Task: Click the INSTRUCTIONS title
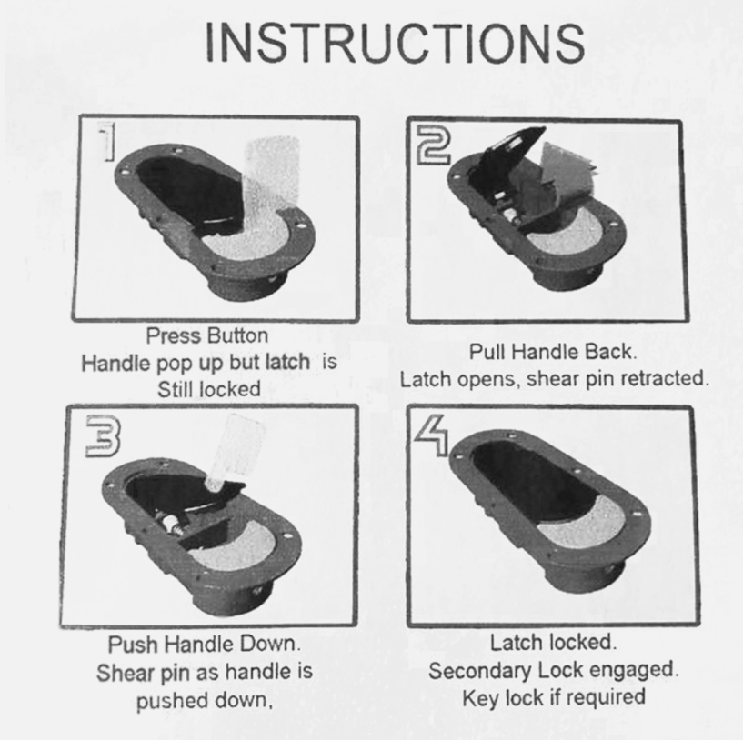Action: tap(395, 43)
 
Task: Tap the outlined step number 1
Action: tap(107, 141)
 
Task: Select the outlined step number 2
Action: tap(434, 147)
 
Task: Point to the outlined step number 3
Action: tap(103, 436)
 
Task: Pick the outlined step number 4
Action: tap(432, 435)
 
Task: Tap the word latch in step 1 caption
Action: tap(287, 363)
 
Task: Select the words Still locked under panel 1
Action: tap(209, 389)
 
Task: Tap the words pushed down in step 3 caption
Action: tap(205, 701)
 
